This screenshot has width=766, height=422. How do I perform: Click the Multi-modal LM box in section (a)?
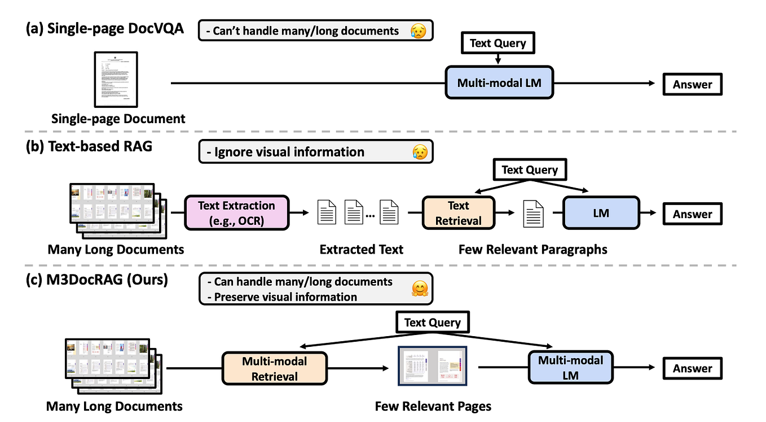[x=499, y=83]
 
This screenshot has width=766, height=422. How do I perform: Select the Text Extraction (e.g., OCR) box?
[x=236, y=212]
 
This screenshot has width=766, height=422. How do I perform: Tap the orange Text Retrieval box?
[x=458, y=213]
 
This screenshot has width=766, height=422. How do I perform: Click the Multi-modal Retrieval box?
[x=275, y=368]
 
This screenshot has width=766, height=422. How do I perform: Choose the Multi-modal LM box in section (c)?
[x=570, y=368]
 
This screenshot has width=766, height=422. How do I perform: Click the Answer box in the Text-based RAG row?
[x=692, y=214]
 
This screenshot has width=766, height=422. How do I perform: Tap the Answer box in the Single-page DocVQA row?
[x=692, y=84]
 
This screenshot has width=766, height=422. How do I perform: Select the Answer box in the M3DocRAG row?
[x=692, y=368]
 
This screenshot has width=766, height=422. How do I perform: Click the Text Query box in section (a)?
[x=498, y=43]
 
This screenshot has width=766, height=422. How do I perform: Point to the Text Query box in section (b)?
[x=529, y=169]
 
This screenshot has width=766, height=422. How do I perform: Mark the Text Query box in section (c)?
[x=432, y=323]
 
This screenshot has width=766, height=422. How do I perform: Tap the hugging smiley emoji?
[x=419, y=289]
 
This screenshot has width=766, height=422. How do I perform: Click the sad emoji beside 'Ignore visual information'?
[x=420, y=152]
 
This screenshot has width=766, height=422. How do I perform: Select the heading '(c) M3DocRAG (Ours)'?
[x=96, y=279]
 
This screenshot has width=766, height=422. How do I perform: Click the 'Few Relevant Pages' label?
[x=433, y=406]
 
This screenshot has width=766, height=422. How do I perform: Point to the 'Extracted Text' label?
[x=361, y=249]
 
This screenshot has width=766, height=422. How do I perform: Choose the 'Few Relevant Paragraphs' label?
[x=532, y=249]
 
